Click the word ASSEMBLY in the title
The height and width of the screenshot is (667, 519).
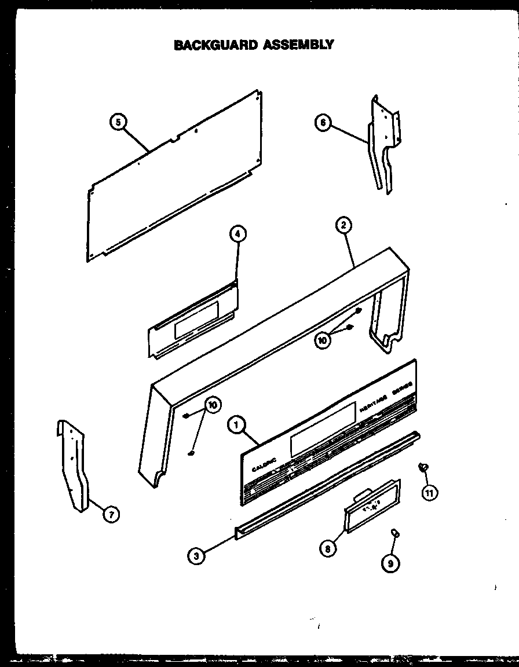tap(298, 45)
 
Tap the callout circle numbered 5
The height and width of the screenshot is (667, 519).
tap(118, 122)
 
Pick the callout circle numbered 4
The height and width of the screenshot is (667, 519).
tap(237, 234)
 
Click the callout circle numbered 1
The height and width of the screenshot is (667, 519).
tap(236, 426)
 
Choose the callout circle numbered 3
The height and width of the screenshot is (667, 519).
tap(196, 556)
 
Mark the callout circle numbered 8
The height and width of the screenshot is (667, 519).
tap(328, 549)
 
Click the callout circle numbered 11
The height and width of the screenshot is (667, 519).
tap(429, 493)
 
